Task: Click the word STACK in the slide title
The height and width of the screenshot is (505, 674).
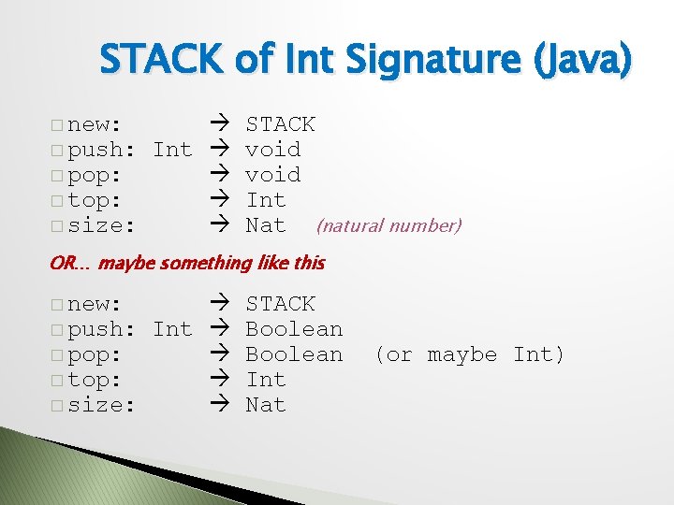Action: pyautogui.click(x=160, y=61)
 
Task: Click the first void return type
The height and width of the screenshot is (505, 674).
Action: pyautogui.click(x=272, y=150)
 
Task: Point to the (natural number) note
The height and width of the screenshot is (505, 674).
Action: pyautogui.click(x=388, y=225)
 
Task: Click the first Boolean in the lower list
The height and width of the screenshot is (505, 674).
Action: pyautogui.click(x=294, y=329)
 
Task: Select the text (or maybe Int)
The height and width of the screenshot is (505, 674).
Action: pyautogui.click(x=469, y=354)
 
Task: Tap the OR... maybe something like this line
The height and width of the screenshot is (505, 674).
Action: pyautogui.click(x=186, y=263)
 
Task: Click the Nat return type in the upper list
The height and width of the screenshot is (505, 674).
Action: pyautogui.click(x=265, y=225)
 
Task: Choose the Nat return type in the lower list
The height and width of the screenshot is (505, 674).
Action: pyautogui.click(x=265, y=405)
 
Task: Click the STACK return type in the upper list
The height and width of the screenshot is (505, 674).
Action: pyautogui.click(x=280, y=124)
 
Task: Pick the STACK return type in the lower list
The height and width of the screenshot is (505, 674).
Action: pyautogui.click(x=280, y=304)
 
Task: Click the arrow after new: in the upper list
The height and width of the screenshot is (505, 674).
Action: pyautogui.click(x=219, y=124)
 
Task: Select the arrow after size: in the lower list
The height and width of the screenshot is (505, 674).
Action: pyautogui.click(x=219, y=405)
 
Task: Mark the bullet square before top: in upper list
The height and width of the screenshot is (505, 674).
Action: pyautogui.click(x=57, y=201)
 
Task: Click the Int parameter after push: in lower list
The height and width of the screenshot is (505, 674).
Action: pyautogui.click(x=172, y=329)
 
